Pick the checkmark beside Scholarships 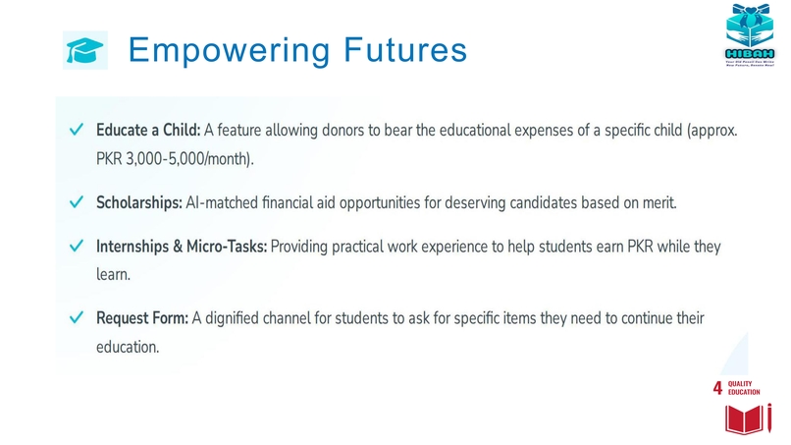[75, 203]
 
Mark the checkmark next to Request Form [75, 319]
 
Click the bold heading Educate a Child [148, 131]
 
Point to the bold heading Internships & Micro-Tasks [182, 248]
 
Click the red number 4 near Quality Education [718, 389]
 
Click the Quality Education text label [745, 388]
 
